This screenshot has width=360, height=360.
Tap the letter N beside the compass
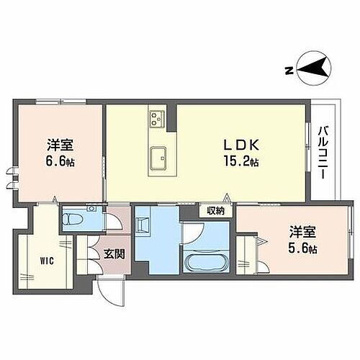[288, 70]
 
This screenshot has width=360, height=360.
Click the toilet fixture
[77, 218]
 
